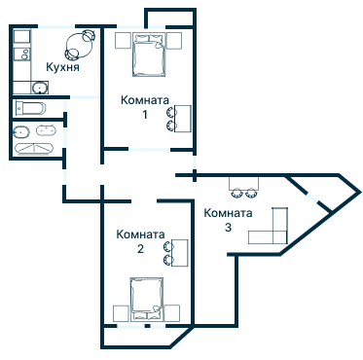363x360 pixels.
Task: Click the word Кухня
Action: pos(62,67)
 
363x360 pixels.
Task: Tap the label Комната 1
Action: pos(145,107)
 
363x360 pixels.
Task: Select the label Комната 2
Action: pos(140,241)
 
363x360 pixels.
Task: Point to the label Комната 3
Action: pos(228,220)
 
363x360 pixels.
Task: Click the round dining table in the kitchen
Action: pos(79,46)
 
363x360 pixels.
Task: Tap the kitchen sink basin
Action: pos(40,88)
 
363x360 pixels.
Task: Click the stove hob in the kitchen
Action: pos(22,54)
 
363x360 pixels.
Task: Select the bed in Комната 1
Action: pos(149,54)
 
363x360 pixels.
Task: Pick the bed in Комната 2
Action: pos(147,299)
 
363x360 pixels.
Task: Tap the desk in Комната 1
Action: pos(183,119)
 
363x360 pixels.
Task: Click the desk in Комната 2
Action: pos(180,253)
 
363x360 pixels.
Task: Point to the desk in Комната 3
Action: pos(244,184)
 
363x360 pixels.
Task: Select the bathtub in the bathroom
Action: pos(34,148)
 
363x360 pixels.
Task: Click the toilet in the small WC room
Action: pos(31,108)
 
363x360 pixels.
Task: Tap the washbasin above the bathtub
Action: pos(46,130)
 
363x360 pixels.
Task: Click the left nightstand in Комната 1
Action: pos(124,41)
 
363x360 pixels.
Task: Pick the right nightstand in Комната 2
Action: pos(172,313)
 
